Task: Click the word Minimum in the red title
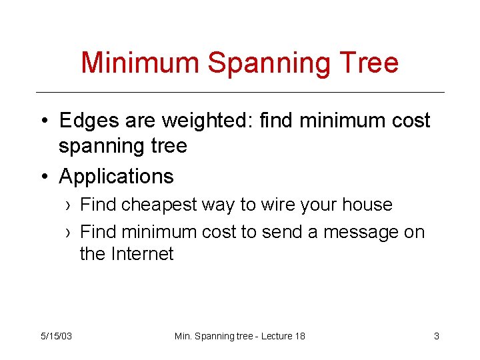[139, 62]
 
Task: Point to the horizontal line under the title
[240, 92]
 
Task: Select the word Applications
[116, 177]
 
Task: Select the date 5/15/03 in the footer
[57, 336]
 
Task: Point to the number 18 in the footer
[299, 336]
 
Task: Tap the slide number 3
[436, 336]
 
